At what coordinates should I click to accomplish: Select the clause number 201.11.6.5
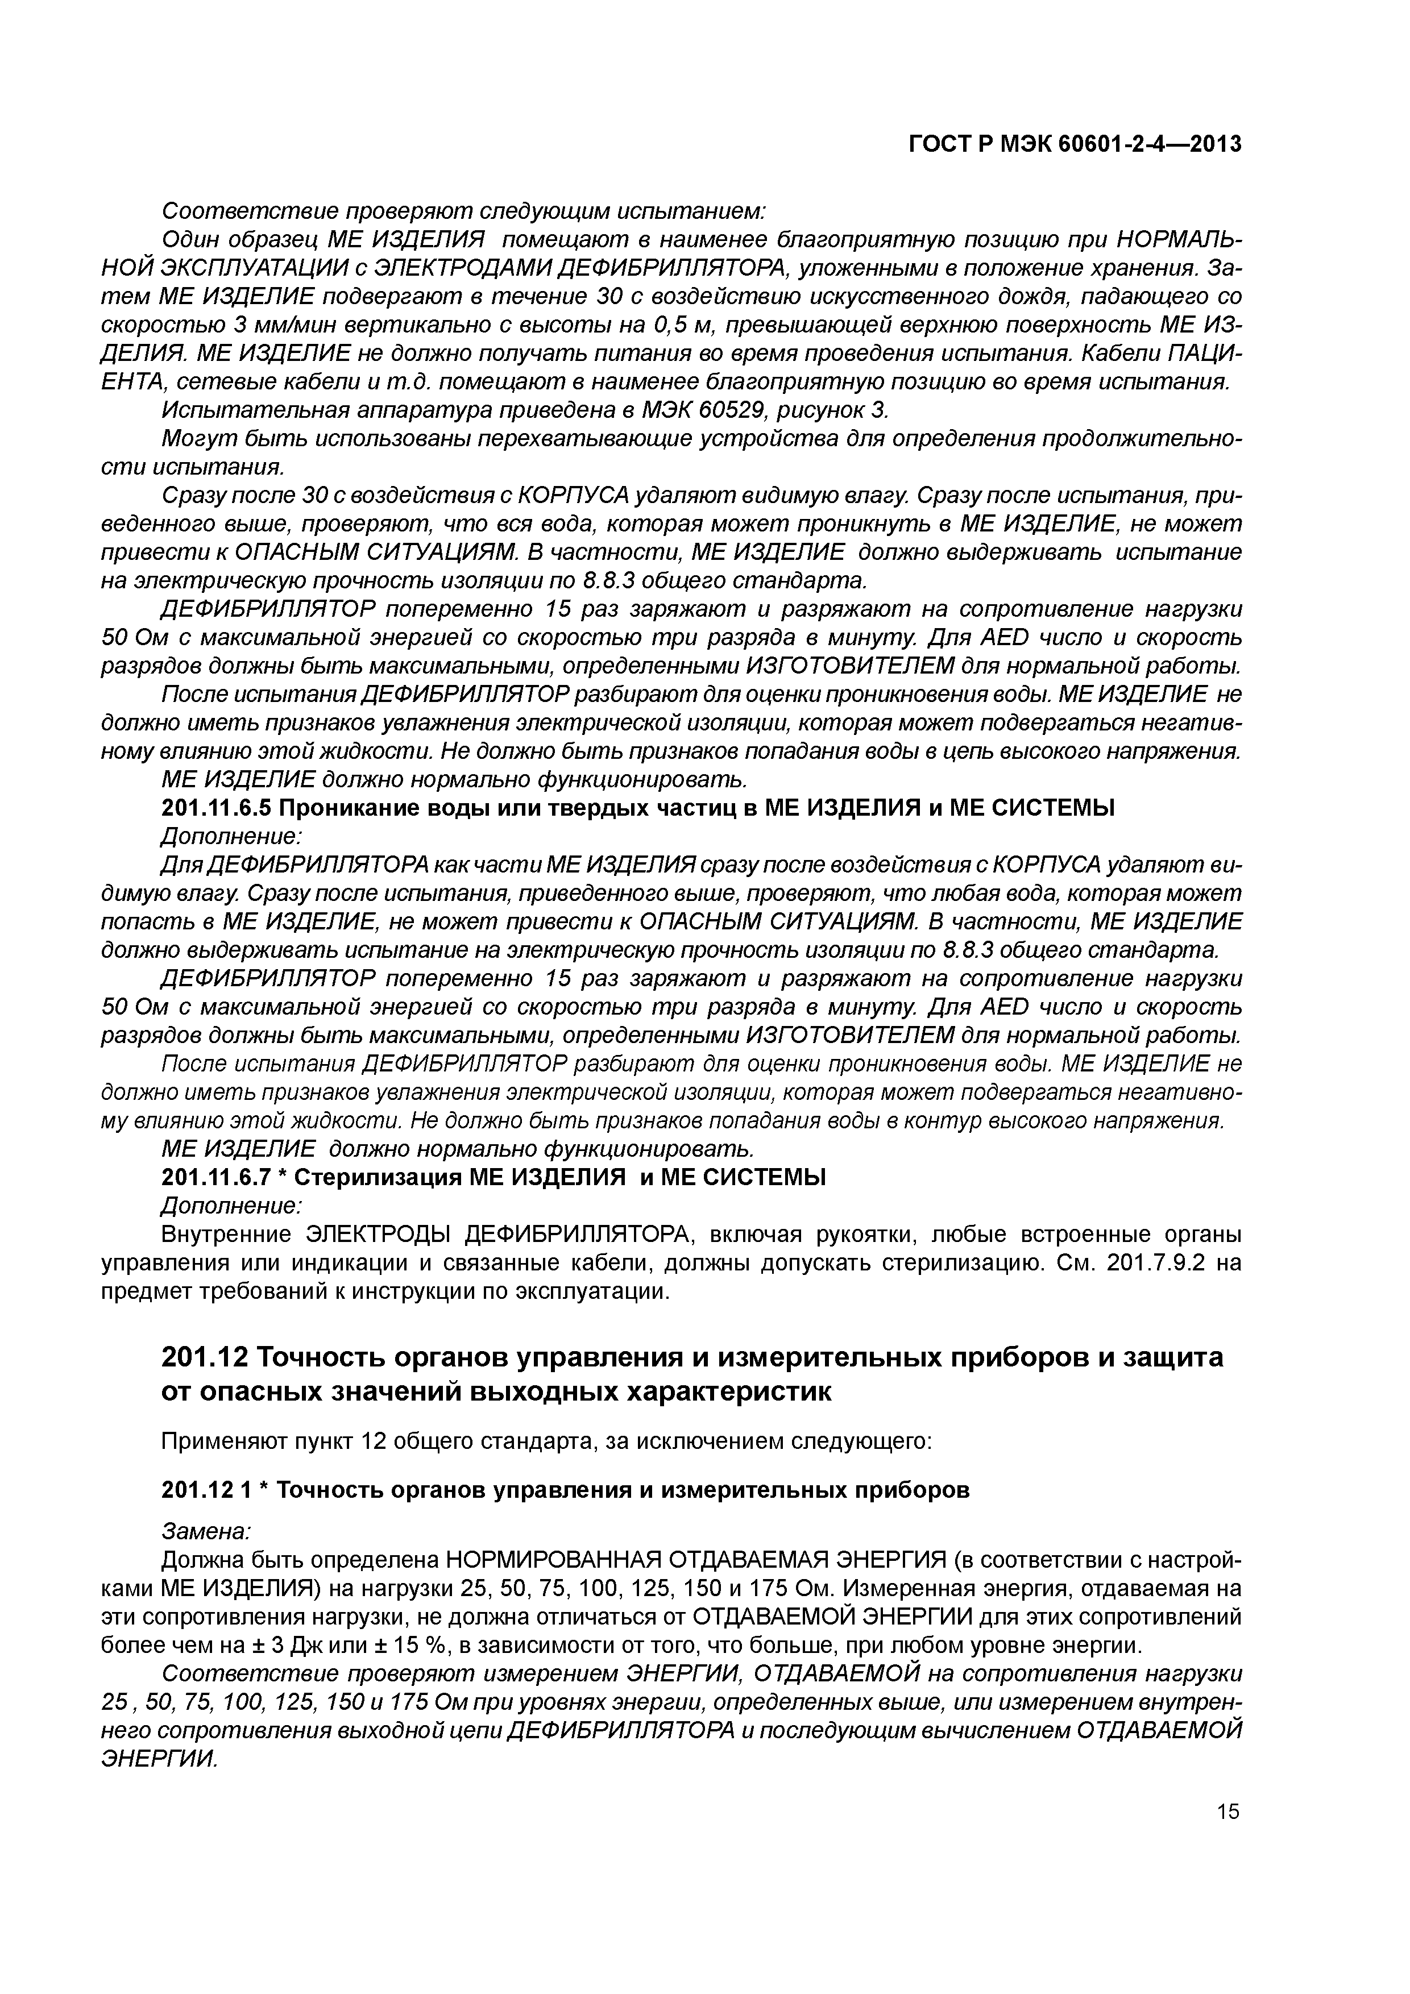pos(217,808)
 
